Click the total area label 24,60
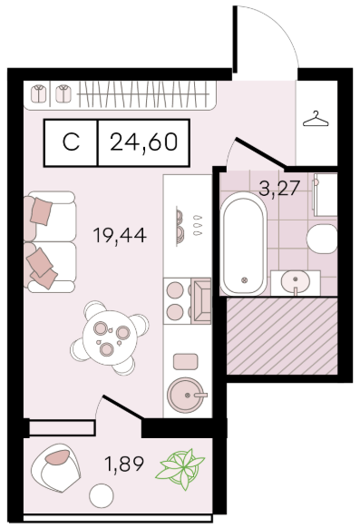point(143,142)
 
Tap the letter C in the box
point(71,142)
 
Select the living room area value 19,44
point(120,235)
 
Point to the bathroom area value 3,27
point(279,188)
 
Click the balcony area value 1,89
point(124,464)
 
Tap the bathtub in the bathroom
point(244,244)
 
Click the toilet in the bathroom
point(322,239)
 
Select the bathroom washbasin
point(296,282)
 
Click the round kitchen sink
point(186,395)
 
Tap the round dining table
point(110,337)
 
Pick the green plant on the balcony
point(180,469)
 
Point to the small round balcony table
point(102,495)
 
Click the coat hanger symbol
point(316,119)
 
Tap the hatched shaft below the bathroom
point(282,336)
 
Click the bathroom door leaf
point(261,152)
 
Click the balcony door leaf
point(123,407)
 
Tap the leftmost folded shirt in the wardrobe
point(39,93)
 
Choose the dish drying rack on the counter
point(180,225)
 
